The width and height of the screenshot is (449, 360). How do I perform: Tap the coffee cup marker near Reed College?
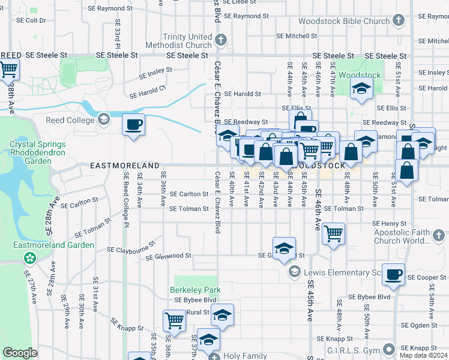[x=133, y=125]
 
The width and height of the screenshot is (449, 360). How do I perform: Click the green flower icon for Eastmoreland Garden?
[x=28, y=258]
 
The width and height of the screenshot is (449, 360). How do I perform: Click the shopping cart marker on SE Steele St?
[x=8, y=70]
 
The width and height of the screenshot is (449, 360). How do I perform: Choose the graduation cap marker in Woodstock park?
[x=361, y=89]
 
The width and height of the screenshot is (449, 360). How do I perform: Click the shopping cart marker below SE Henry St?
[x=333, y=232]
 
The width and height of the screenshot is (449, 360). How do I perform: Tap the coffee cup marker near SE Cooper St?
[x=393, y=274]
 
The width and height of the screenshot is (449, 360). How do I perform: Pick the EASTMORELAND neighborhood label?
[x=125, y=166]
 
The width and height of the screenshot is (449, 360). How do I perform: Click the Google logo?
[x=20, y=353]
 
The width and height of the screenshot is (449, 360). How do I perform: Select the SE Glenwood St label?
[x=168, y=256]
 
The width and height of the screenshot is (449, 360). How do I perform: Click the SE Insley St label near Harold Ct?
[x=155, y=73]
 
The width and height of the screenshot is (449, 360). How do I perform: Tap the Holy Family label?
[x=245, y=356]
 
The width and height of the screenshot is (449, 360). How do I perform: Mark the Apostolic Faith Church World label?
[x=411, y=236]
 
